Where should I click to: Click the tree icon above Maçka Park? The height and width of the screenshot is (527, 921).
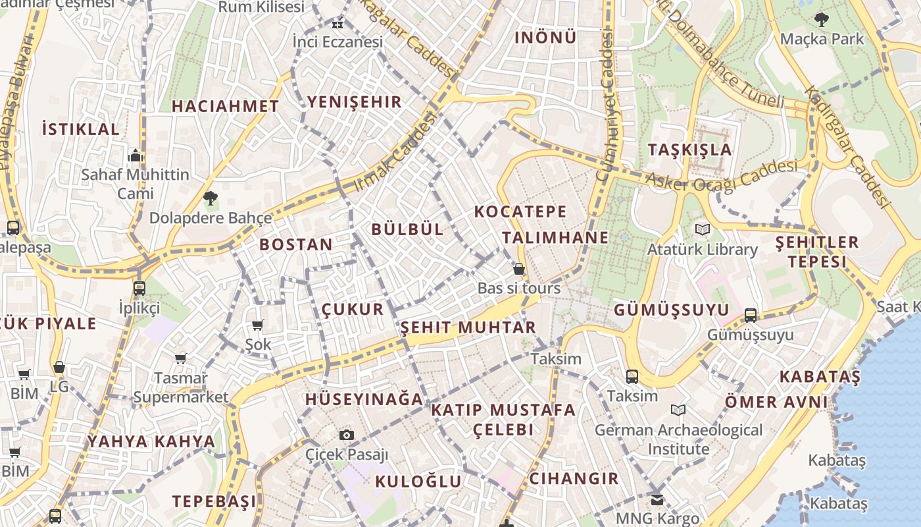[x=821, y=19]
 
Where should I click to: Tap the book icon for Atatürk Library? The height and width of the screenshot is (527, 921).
[x=702, y=229]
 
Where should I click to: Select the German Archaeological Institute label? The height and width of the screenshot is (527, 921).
[x=678, y=439]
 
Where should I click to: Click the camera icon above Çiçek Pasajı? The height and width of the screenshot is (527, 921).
[x=347, y=435]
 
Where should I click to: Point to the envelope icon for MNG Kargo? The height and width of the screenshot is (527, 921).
[x=657, y=499]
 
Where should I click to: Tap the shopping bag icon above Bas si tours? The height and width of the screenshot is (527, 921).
[x=519, y=269]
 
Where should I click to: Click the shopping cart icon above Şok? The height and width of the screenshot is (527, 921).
[x=258, y=325]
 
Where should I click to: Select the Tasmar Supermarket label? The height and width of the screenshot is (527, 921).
[x=181, y=387]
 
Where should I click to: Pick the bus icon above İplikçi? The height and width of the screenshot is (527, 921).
[x=139, y=288]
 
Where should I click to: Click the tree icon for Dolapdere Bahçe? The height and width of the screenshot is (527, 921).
[x=211, y=198]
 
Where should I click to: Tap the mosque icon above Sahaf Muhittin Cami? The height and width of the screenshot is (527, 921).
[x=136, y=155]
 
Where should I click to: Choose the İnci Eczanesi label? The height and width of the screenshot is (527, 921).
[x=337, y=42]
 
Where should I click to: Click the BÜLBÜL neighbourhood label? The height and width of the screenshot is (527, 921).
[x=407, y=229]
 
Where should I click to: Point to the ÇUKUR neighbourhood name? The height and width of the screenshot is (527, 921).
[x=353, y=310]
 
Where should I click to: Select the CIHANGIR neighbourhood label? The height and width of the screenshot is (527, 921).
[x=574, y=478]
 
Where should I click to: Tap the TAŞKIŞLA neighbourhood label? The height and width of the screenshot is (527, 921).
[x=689, y=150]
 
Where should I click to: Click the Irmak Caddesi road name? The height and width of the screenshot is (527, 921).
[x=395, y=152]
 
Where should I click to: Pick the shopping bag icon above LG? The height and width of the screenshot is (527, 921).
[x=59, y=367]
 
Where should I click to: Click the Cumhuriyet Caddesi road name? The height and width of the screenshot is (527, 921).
[x=605, y=105]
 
